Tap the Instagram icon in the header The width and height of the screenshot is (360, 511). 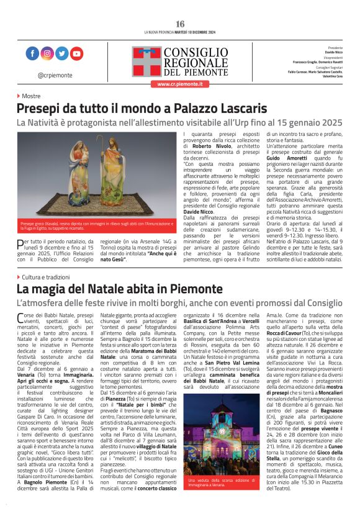tap(47, 54)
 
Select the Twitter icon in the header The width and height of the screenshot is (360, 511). tap(61, 54)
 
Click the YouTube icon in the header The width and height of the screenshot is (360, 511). tap(76, 54)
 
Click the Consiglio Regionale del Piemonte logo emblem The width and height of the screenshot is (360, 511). tap(146, 61)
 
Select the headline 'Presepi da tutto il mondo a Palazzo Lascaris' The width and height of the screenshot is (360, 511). tap(142, 109)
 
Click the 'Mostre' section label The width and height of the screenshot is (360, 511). tap(30, 96)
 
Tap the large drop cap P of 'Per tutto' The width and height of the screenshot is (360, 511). tap(21, 245)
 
